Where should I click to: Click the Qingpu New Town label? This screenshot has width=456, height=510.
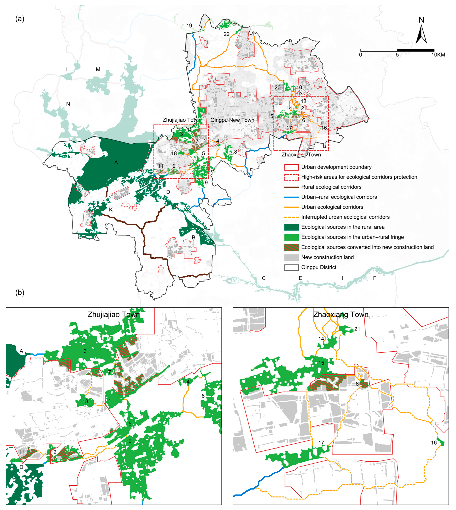(x=232, y=120)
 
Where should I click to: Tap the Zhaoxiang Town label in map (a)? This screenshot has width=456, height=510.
(x=301, y=155)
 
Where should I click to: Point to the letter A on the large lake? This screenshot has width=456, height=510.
(x=116, y=163)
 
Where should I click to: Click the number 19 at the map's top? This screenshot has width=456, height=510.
(x=189, y=26)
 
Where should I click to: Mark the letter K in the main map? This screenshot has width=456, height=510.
(x=111, y=210)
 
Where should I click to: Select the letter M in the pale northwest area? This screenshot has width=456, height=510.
(x=98, y=70)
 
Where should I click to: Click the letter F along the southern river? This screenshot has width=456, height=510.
(x=375, y=278)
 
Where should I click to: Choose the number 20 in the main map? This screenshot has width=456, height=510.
(x=277, y=88)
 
